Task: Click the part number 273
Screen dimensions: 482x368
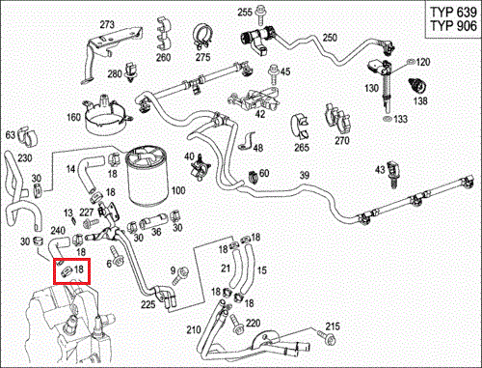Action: click(x=107, y=24)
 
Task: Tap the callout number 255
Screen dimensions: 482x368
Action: click(x=245, y=13)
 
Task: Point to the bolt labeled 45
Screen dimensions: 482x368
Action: click(x=274, y=74)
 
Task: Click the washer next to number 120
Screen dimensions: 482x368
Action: click(x=411, y=62)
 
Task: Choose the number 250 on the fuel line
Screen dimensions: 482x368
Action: click(x=330, y=38)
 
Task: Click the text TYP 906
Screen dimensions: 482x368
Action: click(x=453, y=26)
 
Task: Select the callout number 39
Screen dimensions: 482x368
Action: click(x=305, y=176)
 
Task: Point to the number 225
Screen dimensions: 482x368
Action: click(x=148, y=304)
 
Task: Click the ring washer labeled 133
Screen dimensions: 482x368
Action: click(x=388, y=118)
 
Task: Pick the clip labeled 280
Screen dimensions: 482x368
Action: click(x=131, y=71)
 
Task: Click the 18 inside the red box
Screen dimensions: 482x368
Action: click(x=79, y=269)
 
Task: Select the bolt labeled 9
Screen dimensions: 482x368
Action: click(x=179, y=276)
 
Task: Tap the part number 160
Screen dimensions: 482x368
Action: click(x=73, y=117)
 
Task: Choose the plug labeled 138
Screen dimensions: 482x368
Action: click(x=418, y=86)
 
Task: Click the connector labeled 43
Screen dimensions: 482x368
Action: click(x=393, y=174)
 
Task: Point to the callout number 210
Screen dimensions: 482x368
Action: click(x=194, y=329)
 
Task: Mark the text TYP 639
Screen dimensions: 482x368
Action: click(x=453, y=13)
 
